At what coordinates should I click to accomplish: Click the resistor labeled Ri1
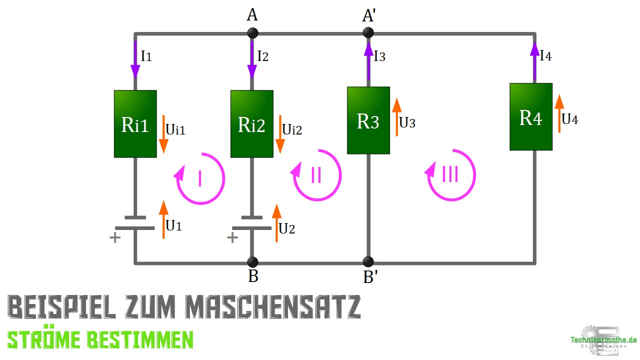pos(135,124)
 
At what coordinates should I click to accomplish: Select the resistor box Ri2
pos(251,124)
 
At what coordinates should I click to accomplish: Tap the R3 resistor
pos(368,120)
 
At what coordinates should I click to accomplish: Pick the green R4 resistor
pos(531,117)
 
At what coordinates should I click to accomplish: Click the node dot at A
pos(252,33)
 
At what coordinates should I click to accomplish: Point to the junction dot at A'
pos(368,33)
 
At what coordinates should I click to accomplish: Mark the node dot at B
pos(252,262)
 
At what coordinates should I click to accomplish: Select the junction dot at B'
pos(368,262)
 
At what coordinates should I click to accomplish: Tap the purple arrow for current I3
pos(368,60)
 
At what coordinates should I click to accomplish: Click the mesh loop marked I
pos(199,178)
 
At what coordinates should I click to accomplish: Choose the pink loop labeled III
pos(450,175)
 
